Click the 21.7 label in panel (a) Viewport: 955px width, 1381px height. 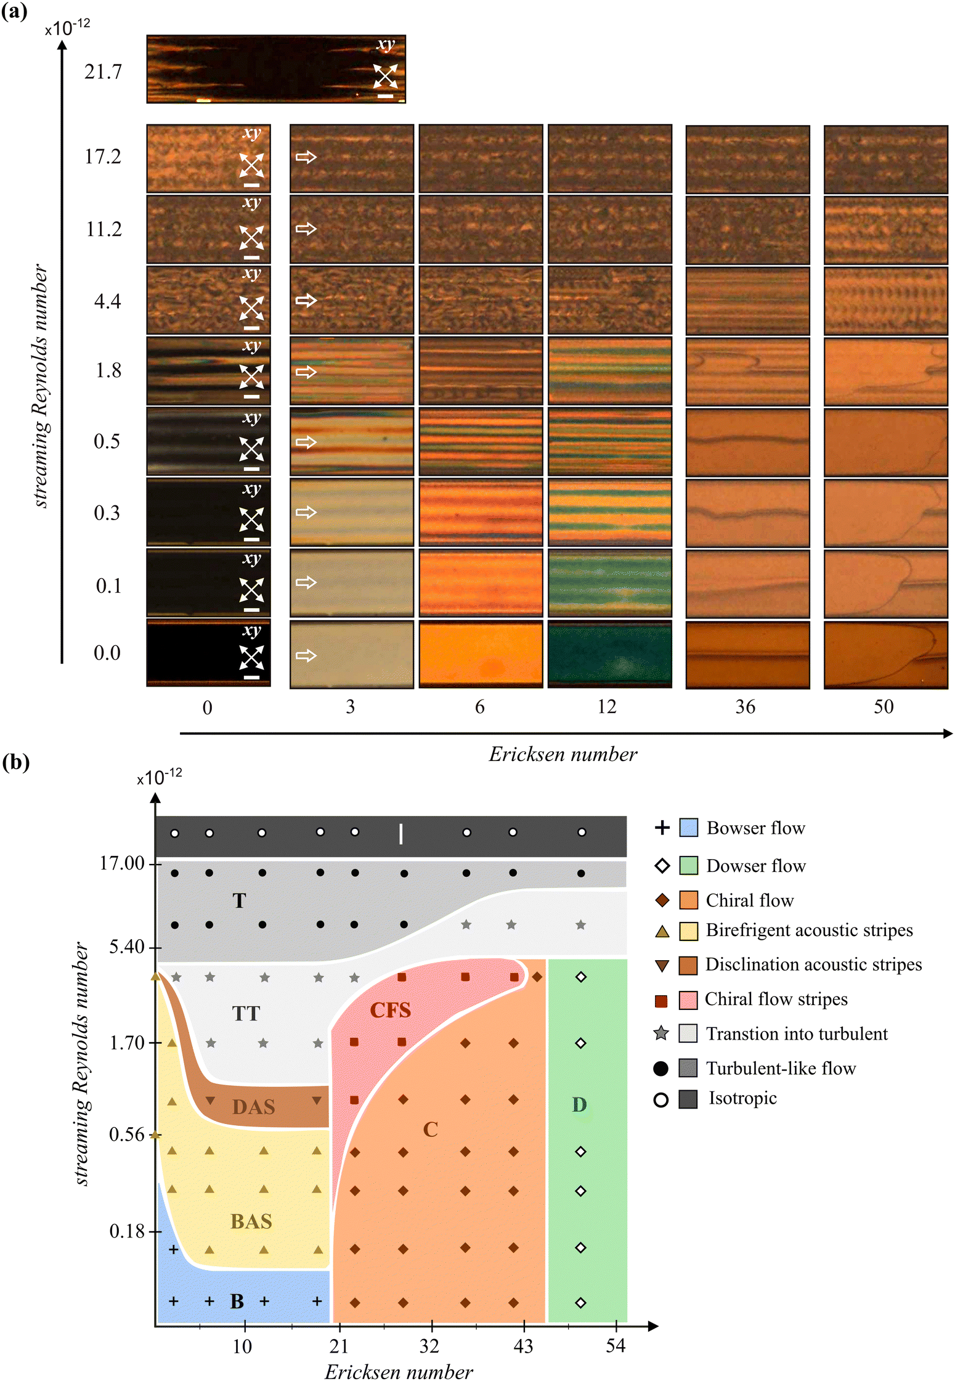pyautogui.click(x=104, y=71)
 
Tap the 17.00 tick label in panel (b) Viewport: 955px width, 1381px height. pyautogui.click(x=122, y=863)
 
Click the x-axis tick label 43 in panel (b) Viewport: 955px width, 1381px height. pyautogui.click(x=523, y=1346)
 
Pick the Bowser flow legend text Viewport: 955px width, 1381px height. pyautogui.click(x=755, y=828)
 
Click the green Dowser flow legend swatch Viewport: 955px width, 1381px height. pyautogui.click(x=688, y=865)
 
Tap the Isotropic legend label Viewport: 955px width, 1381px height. pyautogui.click(x=742, y=1098)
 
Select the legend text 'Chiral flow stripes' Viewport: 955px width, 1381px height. pyautogui.click(x=776, y=999)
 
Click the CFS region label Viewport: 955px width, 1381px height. pyautogui.click(x=390, y=1010)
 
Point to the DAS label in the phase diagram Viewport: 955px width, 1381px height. pyautogui.click(x=253, y=1107)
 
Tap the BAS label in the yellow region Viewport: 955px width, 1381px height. pyautogui.click(x=251, y=1221)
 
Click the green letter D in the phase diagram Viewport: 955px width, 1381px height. pyautogui.click(x=579, y=1104)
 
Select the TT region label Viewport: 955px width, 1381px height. pyautogui.click(x=246, y=1013)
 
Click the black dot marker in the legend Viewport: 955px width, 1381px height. pyautogui.click(x=660, y=1069)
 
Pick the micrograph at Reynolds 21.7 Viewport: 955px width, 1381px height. pyautogui.click(x=276, y=69)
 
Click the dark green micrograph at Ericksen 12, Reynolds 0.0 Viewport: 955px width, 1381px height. pyautogui.click(x=609, y=653)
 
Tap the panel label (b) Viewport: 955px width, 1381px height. pyautogui.click(x=16, y=762)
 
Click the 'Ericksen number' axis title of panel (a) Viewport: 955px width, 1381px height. pyautogui.click(x=563, y=754)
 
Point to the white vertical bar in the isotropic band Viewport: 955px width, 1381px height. pyautogui.click(x=401, y=834)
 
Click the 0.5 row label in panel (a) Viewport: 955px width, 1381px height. pyautogui.click(x=107, y=441)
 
